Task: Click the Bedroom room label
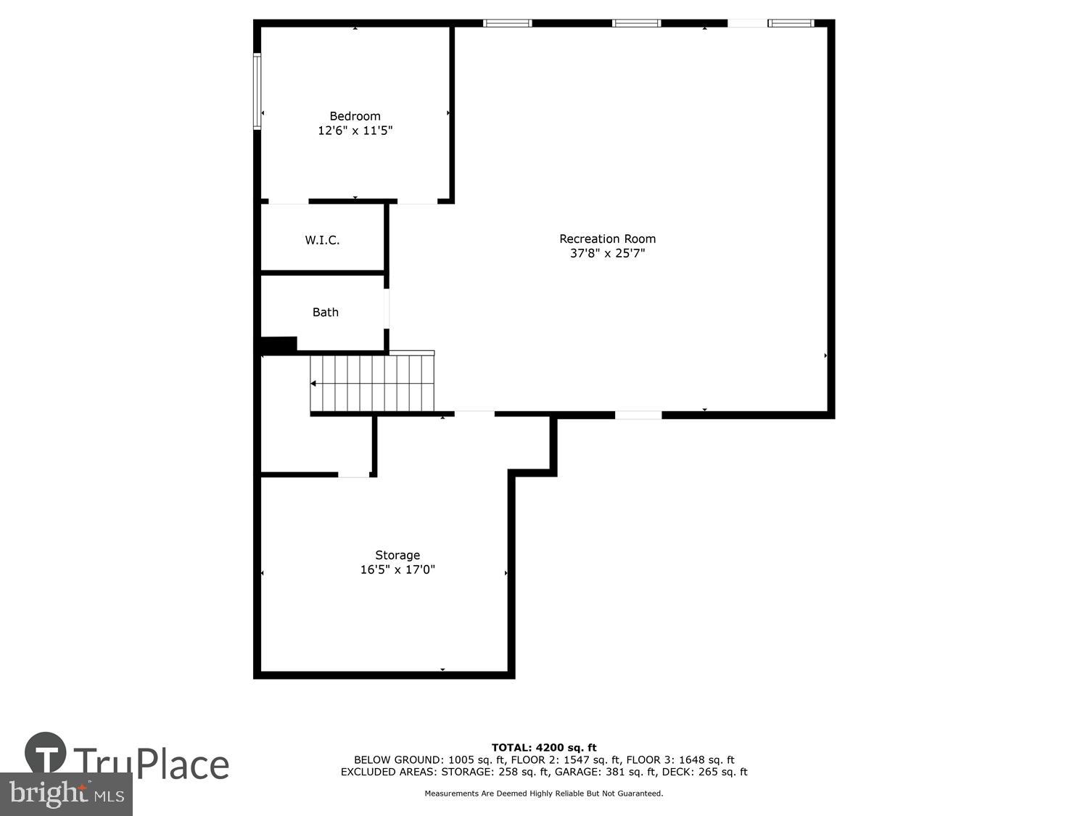[355, 116]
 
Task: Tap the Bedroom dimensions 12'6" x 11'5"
[355, 131]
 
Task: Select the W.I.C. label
[322, 240]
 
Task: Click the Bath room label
[325, 312]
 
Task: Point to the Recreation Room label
[607, 239]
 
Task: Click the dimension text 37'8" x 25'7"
[607, 253]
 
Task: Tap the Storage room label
[397, 556]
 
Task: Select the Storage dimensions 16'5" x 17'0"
[397, 570]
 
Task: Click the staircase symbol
[372, 383]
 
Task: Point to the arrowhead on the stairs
[313, 384]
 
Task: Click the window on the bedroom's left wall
[257, 91]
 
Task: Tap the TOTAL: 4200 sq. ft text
[544, 748]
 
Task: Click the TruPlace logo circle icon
[46, 753]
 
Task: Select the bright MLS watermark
[66, 794]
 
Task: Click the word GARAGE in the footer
[576, 772]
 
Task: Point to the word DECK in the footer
[681, 772]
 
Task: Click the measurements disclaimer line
[544, 794]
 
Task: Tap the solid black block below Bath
[279, 345]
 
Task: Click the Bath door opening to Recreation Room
[387, 309]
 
